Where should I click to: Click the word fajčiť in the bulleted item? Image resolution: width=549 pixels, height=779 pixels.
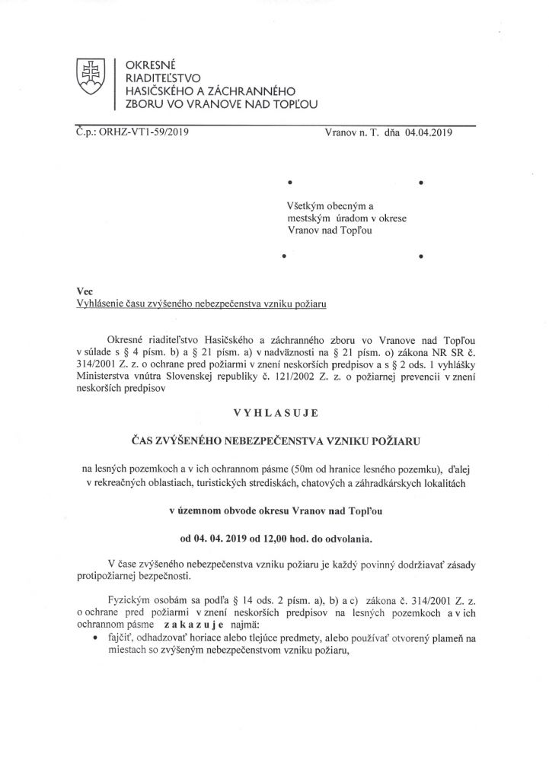click(120, 639)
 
